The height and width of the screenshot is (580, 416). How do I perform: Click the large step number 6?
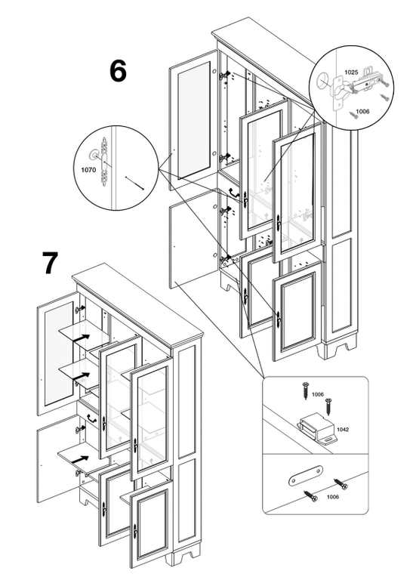coord(118,71)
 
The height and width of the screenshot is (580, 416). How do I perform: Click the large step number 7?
coord(50,263)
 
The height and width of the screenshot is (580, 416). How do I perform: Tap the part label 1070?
coord(89,170)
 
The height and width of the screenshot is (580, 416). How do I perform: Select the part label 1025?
coord(351,72)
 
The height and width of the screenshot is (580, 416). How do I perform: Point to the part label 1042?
coord(343,430)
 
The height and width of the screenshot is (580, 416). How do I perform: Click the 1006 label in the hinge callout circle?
coord(362,111)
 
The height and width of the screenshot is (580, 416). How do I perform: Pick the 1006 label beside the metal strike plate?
coord(332,497)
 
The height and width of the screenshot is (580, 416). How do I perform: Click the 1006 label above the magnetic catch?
coord(318,394)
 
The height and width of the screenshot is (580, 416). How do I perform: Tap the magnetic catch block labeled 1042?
coord(318,428)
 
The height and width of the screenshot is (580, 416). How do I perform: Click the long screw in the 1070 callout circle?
coord(134,184)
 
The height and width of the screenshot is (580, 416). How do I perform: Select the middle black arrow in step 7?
coord(81,377)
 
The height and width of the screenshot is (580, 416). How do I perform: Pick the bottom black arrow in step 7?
coord(80,460)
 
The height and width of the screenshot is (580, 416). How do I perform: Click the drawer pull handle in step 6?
coord(234,193)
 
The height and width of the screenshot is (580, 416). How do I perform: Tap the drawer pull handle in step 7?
coord(92,418)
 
